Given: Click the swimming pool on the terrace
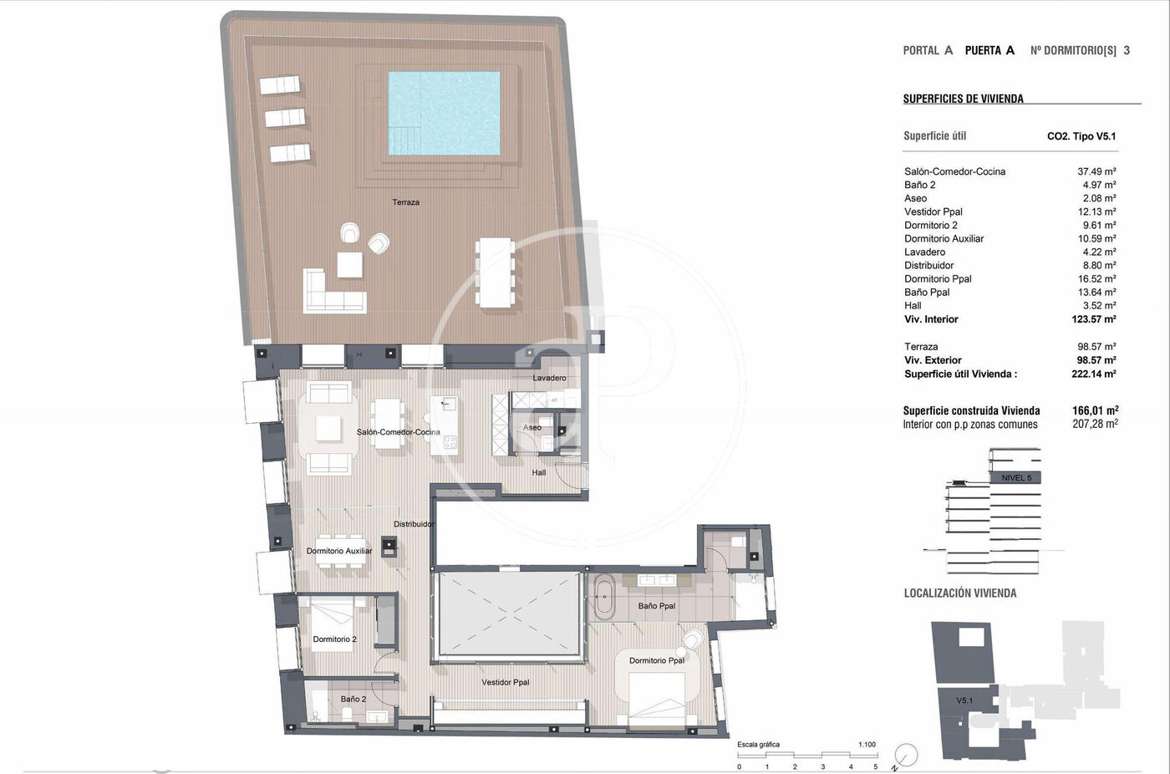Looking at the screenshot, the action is pos(444,114).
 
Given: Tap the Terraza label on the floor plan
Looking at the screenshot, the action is pos(406,202).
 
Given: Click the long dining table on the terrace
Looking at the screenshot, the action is pos(495,272).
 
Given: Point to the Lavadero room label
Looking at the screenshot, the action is pos(549,378).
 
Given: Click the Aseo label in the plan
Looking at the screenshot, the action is pos(532,427).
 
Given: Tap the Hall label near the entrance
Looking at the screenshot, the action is pos(538,472).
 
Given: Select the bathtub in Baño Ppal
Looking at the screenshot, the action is pos(603,597).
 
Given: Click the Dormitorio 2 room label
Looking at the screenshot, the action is pos(334,639).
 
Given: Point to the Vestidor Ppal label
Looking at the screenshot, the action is pos(505,682).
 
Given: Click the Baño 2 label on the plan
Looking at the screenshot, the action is pos(353,699).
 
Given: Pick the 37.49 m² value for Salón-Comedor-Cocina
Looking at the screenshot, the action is pos(1096,171).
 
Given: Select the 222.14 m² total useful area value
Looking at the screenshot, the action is pos(1094,374).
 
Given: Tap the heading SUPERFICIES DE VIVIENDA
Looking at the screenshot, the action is pos(963,99).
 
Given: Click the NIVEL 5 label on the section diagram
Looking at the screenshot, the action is pos(1016,478).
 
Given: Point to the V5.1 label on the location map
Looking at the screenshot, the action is pos(964,700).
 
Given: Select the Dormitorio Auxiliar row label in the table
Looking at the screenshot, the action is pos(944,239).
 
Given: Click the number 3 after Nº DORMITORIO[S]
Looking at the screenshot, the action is pos(1127,51).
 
